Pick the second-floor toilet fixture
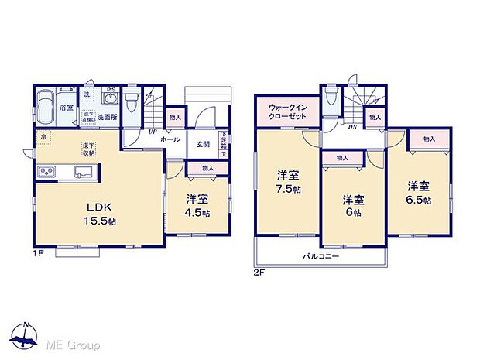click(x=331, y=97)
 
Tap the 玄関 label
click(x=202, y=143)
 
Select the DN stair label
click(x=352, y=127)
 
